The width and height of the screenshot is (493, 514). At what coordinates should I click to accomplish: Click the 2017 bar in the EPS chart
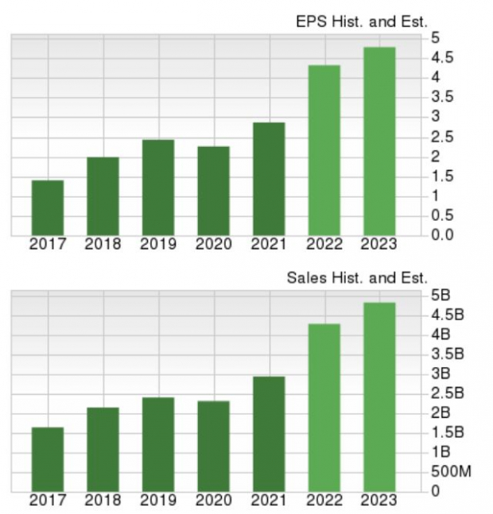pyautogui.click(x=48, y=208)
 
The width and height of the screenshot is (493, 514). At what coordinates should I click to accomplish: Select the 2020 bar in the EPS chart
pyautogui.click(x=214, y=191)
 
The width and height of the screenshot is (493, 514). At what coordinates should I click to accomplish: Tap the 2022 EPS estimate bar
pyautogui.click(x=324, y=150)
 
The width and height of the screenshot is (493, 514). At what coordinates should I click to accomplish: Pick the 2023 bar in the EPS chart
pyautogui.click(x=379, y=141)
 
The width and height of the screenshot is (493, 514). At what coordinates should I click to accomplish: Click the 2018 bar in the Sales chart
pyautogui.click(x=103, y=450)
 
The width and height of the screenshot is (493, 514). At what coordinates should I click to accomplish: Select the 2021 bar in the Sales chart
pyautogui.click(x=269, y=434)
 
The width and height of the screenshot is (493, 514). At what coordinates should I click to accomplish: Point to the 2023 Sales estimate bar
pyautogui.click(x=379, y=396)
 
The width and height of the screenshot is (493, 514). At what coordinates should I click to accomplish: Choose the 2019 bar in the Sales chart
pyautogui.click(x=158, y=444)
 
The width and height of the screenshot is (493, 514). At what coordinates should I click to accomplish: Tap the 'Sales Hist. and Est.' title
pyautogui.click(x=357, y=278)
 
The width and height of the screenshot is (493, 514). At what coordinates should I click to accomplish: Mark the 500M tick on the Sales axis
pyautogui.click(x=452, y=472)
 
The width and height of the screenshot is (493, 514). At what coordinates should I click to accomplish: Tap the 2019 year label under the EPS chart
pyautogui.click(x=158, y=245)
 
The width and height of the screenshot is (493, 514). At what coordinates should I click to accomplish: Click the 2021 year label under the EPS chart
pyautogui.click(x=269, y=245)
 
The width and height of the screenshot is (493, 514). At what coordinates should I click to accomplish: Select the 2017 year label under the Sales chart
pyautogui.click(x=48, y=500)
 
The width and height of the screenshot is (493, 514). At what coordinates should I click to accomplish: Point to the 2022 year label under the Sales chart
pyautogui.click(x=324, y=500)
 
